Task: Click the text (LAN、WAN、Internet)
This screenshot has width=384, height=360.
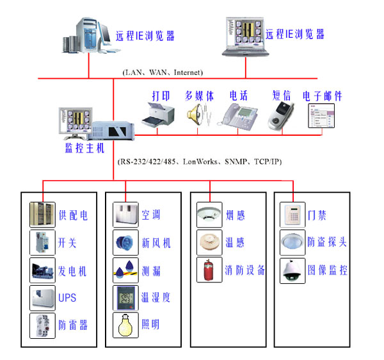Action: click(163, 72)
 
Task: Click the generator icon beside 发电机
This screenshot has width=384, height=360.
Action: click(42, 270)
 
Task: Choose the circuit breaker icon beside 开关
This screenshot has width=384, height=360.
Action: click(42, 243)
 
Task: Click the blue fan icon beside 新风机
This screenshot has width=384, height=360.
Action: click(125, 243)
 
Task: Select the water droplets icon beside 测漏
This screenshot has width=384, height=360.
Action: click(125, 270)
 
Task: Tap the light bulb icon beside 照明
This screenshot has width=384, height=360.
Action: click(125, 325)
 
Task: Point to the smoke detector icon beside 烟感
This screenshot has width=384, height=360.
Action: click(209, 215)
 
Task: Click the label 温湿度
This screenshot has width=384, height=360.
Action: click(156, 298)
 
